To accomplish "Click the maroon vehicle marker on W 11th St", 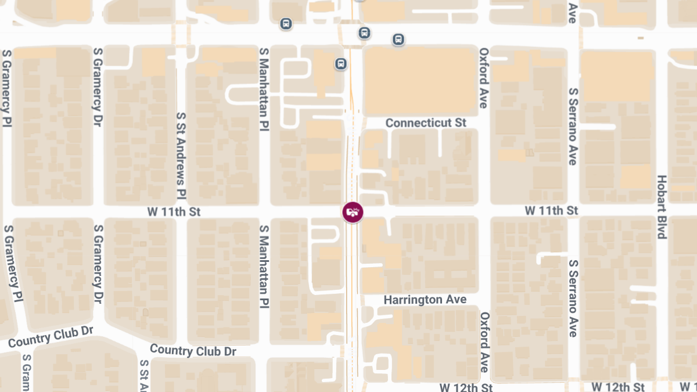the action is coord(352,212).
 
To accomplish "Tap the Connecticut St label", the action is coord(426,123).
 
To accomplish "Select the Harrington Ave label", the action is coord(425,300).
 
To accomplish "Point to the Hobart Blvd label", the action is coord(661,207).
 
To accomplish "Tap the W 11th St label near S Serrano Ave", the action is coord(552,210).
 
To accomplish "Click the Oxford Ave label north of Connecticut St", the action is coord(483,78).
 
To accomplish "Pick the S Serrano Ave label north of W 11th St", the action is coord(573,126).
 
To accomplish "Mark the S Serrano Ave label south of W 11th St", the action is coord(573,298).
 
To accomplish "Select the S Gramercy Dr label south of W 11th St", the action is coord(98,264).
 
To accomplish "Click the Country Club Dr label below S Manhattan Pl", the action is coord(193,351).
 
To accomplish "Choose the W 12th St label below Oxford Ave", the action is coord(466,387).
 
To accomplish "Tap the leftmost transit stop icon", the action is coord(285,24).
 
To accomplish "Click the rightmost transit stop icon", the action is coord(398,39).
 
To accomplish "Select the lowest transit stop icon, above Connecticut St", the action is coord(341,63).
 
